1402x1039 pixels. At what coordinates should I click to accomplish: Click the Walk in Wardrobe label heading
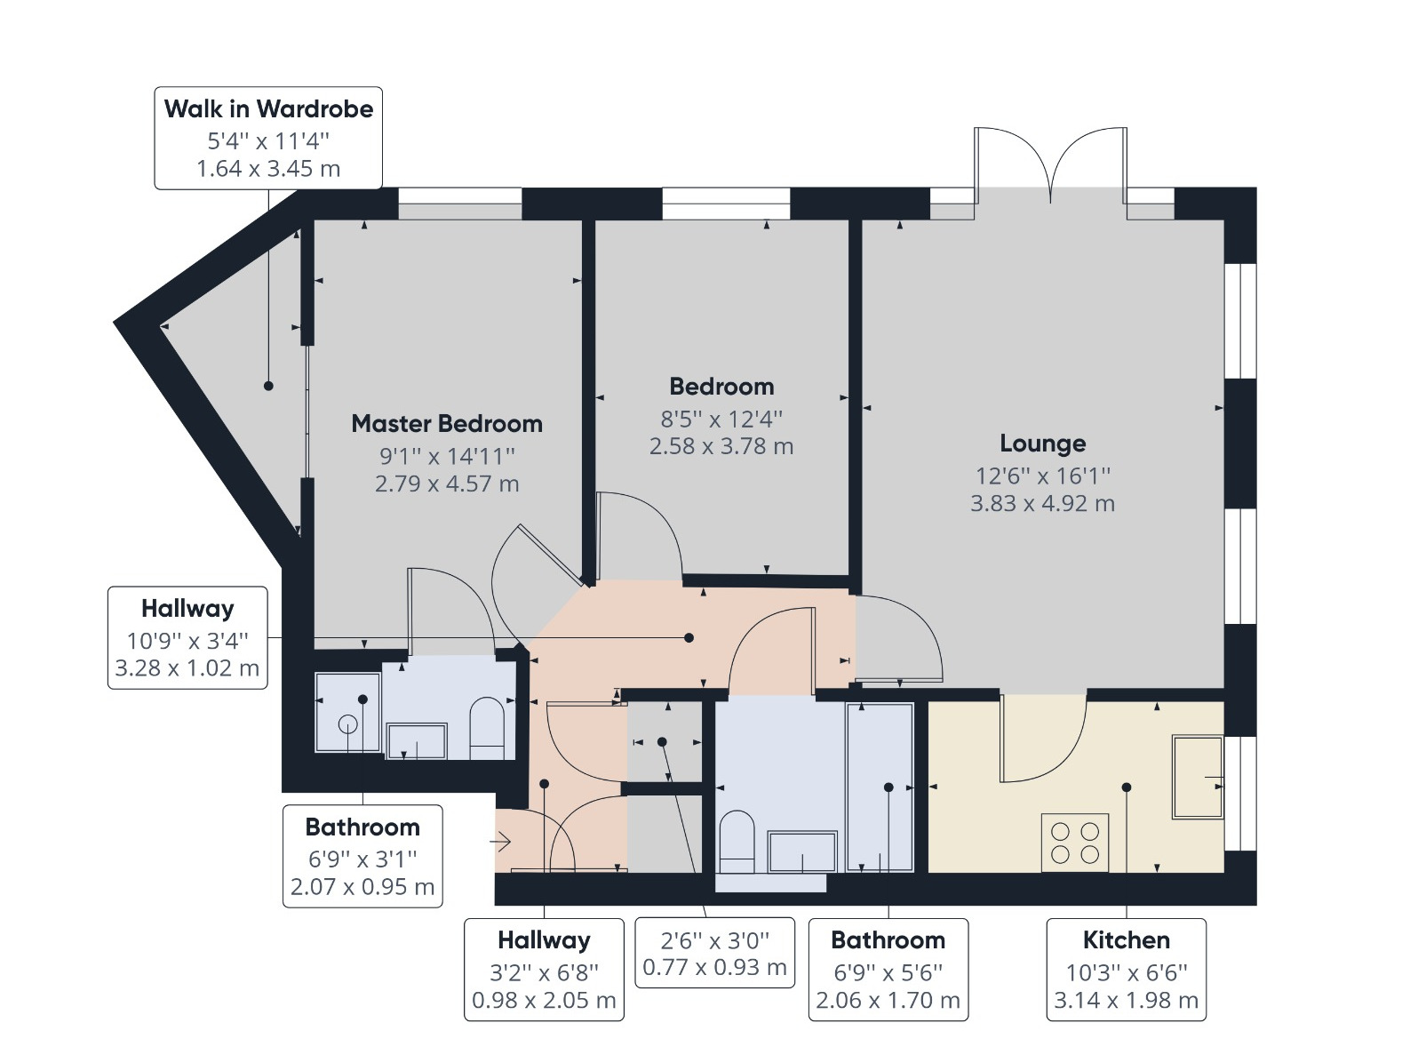click(x=268, y=109)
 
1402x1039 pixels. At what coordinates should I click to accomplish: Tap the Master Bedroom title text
click(x=446, y=423)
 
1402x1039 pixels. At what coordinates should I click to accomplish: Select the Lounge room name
click(x=1042, y=443)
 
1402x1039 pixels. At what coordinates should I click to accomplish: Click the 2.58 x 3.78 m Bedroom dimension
click(x=721, y=446)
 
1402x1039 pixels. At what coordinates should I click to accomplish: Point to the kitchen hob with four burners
click(x=1074, y=843)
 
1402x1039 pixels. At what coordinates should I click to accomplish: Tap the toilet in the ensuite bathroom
click(x=486, y=726)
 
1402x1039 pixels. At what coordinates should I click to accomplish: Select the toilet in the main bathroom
click(x=736, y=840)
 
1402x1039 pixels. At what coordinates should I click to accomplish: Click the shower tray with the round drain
click(x=347, y=711)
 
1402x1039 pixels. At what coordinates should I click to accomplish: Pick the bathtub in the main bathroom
click(x=879, y=787)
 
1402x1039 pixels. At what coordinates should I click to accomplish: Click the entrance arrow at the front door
click(x=501, y=841)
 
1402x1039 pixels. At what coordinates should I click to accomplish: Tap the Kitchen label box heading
click(x=1126, y=940)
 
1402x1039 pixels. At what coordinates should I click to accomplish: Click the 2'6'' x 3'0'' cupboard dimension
click(x=714, y=940)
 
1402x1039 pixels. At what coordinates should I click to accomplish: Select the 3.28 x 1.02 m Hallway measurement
click(x=187, y=668)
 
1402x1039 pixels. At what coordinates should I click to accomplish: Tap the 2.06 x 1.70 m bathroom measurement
click(x=888, y=1001)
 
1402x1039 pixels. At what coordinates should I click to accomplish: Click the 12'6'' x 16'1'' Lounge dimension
click(x=1042, y=476)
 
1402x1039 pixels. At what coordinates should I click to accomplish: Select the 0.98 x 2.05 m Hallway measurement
click(x=544, y=1001)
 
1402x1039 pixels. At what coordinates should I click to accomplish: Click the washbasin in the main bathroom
click(x=802, y=851)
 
